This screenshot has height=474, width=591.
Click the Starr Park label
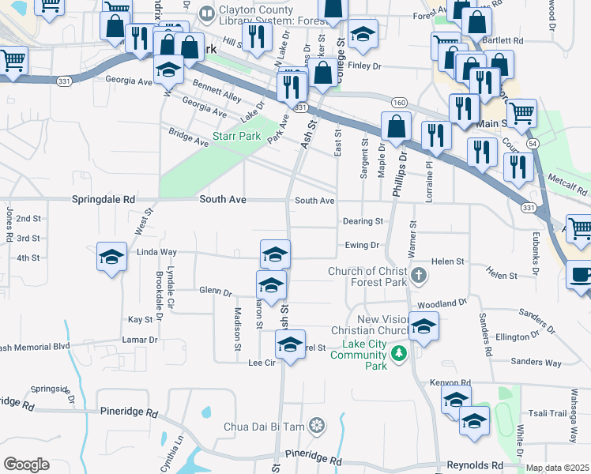coord(237,137)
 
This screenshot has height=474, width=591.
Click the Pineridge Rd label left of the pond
coord(130,412)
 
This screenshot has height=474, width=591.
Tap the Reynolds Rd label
coord(475,465)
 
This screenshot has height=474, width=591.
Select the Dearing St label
coord(363,221)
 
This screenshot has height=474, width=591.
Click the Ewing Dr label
coord(363,246)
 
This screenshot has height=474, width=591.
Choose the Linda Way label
coord(157,252)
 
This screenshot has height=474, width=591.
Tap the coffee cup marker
coord(581,276)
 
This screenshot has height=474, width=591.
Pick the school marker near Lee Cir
coord(290,345)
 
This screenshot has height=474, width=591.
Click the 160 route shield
coord(399,103)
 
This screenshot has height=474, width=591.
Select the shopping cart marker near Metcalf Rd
coord(580,229)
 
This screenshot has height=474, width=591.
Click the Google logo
coord(26,464)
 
